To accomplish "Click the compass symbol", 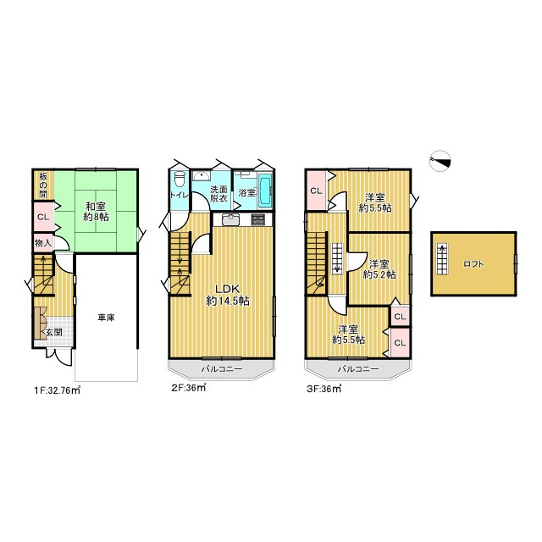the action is [440, 161].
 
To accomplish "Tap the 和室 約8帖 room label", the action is [96, 212].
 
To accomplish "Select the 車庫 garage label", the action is [106, 318].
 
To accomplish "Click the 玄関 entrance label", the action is [53, 333].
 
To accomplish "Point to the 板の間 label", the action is [43, 185].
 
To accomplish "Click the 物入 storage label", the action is [43, 243].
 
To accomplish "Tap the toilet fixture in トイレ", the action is [180, 180].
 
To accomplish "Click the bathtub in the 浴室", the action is [265, 191].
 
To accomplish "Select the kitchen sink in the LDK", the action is [230, 219].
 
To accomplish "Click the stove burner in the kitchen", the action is [257, 219].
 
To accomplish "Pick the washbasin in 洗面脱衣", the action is [201, 176].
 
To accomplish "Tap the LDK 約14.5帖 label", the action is [228, 295].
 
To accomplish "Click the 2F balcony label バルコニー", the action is [222, 369].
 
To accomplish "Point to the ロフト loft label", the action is [473, 264].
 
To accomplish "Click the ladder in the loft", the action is [442, 259].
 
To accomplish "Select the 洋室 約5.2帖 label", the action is [379, 269].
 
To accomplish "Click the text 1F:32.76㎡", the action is [57, 390].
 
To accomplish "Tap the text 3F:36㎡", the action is [324, 389].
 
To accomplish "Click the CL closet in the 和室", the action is [43, 217].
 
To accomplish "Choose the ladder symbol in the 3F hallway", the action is [337, 258].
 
